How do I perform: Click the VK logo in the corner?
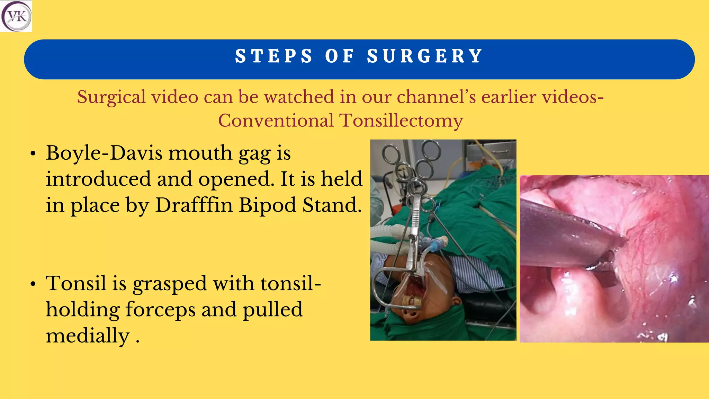click(x=16, y=16)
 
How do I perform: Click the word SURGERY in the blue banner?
click(x=425, y=56)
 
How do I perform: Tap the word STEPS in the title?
click(x=274, y=56)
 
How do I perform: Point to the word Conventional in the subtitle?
click(x=276, y=121)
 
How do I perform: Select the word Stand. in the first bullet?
click(x=332, y=205)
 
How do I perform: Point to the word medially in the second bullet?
click(x=88, y=336)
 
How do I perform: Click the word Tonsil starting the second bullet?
click(x=76, y=283)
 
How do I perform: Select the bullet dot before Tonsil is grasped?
click(x=33, y=284)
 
